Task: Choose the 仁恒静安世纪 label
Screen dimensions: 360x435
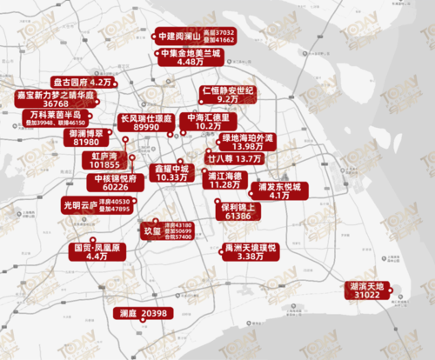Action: (x=227, y=90)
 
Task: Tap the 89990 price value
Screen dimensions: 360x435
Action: (x=151, y=127)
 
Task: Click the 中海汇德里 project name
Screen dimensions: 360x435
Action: (x=208, y=117)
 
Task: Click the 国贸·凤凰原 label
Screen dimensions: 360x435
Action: (x=96, y=248)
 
